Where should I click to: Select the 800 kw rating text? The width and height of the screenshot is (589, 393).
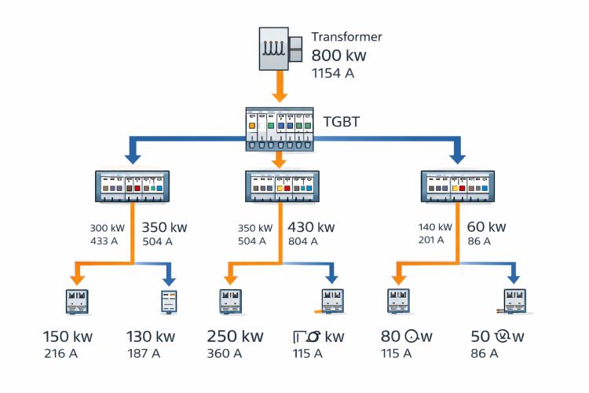(338, 56)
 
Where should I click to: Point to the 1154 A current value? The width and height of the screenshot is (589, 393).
(333, 73)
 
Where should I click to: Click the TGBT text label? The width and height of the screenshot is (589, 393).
(342, 122)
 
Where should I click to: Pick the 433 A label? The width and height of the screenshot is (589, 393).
(104, 241)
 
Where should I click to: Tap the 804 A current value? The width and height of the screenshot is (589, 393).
(303, 241)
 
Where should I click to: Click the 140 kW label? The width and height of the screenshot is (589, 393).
(434, 228)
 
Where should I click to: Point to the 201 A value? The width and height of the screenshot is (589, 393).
(433, 241)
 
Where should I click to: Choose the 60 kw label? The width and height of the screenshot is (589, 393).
(486, 227)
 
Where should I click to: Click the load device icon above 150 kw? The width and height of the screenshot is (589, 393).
(76, 302)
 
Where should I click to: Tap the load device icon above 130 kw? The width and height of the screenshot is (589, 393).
(170, 302)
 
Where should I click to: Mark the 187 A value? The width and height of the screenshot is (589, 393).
(144, 354)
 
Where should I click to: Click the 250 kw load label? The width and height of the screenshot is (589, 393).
(235, 336)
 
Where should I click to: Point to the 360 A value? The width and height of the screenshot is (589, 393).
(225, 354)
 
